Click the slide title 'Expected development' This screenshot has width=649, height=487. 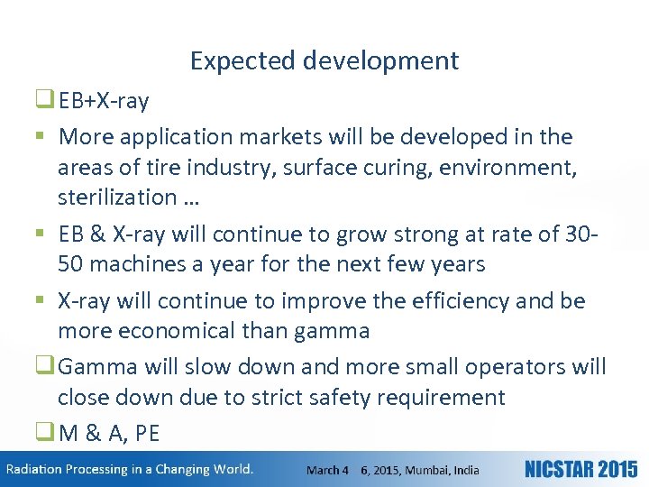(x=324, y=60)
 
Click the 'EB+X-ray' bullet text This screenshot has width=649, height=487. (x=104, y=100)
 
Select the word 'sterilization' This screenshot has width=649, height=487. (x=117, y=197)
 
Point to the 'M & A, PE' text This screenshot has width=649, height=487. (x=109, y=434)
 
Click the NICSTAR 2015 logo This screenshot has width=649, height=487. (x=580, y=469)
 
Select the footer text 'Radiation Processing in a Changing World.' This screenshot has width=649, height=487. (x=130, y=469)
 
